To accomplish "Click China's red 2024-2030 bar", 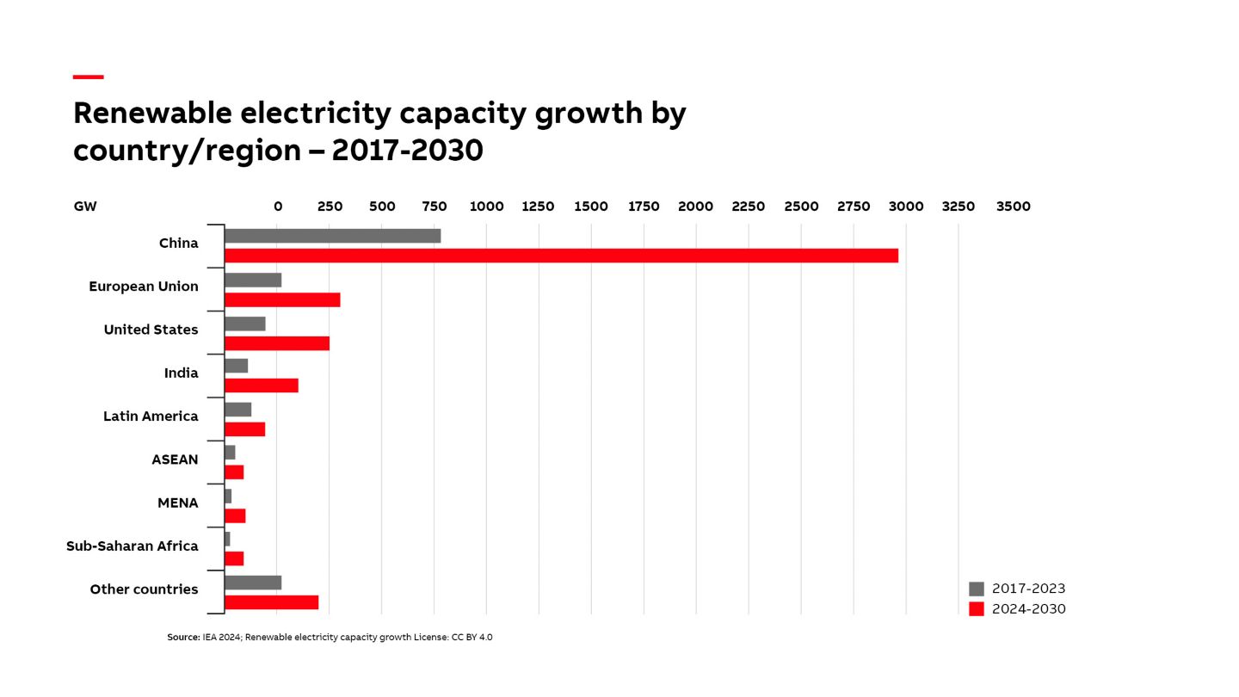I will (x=561, y=256).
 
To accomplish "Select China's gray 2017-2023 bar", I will (x=332, y=236).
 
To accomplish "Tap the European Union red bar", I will (x=282, y=299).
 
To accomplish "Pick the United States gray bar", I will (x=245, y=324).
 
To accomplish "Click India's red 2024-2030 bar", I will (x=262, y=386).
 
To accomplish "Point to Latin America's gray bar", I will (x=238, y=410).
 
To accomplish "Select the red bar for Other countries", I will (x=272, y=602).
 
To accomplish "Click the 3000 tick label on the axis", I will (x=906, y=207).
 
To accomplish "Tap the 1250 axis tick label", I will (x=539, y=207).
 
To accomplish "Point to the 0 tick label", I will (x=278, y=207).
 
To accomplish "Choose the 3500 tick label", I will (x=1013, y=207).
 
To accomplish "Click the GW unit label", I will (x=85, y=207).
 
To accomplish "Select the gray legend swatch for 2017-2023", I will (x=977, y=589).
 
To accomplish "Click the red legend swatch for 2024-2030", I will (x=977, y=609).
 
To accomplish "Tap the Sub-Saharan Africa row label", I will (x=133, y=546).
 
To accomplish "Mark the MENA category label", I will (x=178, y=503).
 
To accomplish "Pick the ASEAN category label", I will (x=175, y=460).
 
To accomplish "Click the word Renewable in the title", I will (x=152, y=113).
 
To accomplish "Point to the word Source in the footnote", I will (x=182, y=638).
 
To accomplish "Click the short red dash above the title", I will (x=89, y=77).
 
